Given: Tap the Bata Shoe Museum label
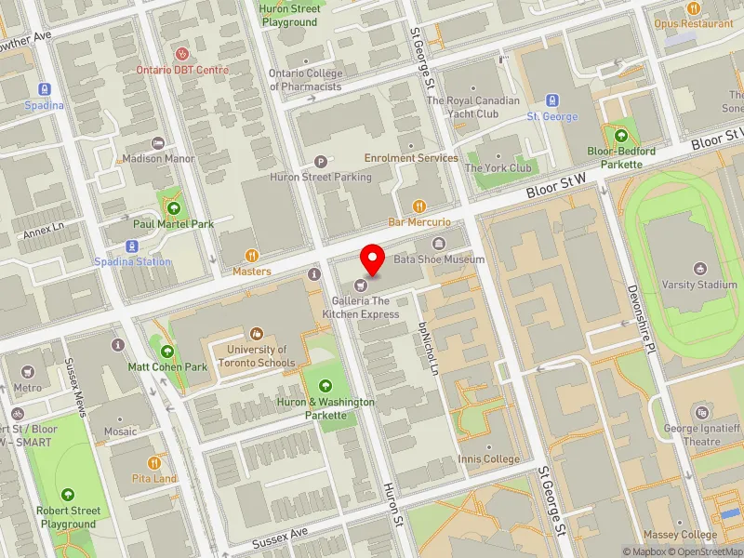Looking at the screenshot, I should point(439,259).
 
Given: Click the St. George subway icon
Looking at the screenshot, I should point(552,100).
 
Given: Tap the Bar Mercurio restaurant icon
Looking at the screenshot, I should point(418,206).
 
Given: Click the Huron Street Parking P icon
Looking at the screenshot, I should point(321,161).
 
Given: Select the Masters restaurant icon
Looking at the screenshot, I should point(251,256).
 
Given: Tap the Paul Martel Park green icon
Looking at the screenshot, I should point(173,207).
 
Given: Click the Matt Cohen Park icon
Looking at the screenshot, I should point(168,351).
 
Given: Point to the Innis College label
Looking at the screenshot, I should point(488,459).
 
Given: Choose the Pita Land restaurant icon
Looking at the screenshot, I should point(153,462).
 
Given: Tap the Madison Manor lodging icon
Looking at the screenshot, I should point(158,143).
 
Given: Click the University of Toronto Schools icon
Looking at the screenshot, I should point(257,334).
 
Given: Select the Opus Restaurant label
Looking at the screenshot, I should point(693,23).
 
